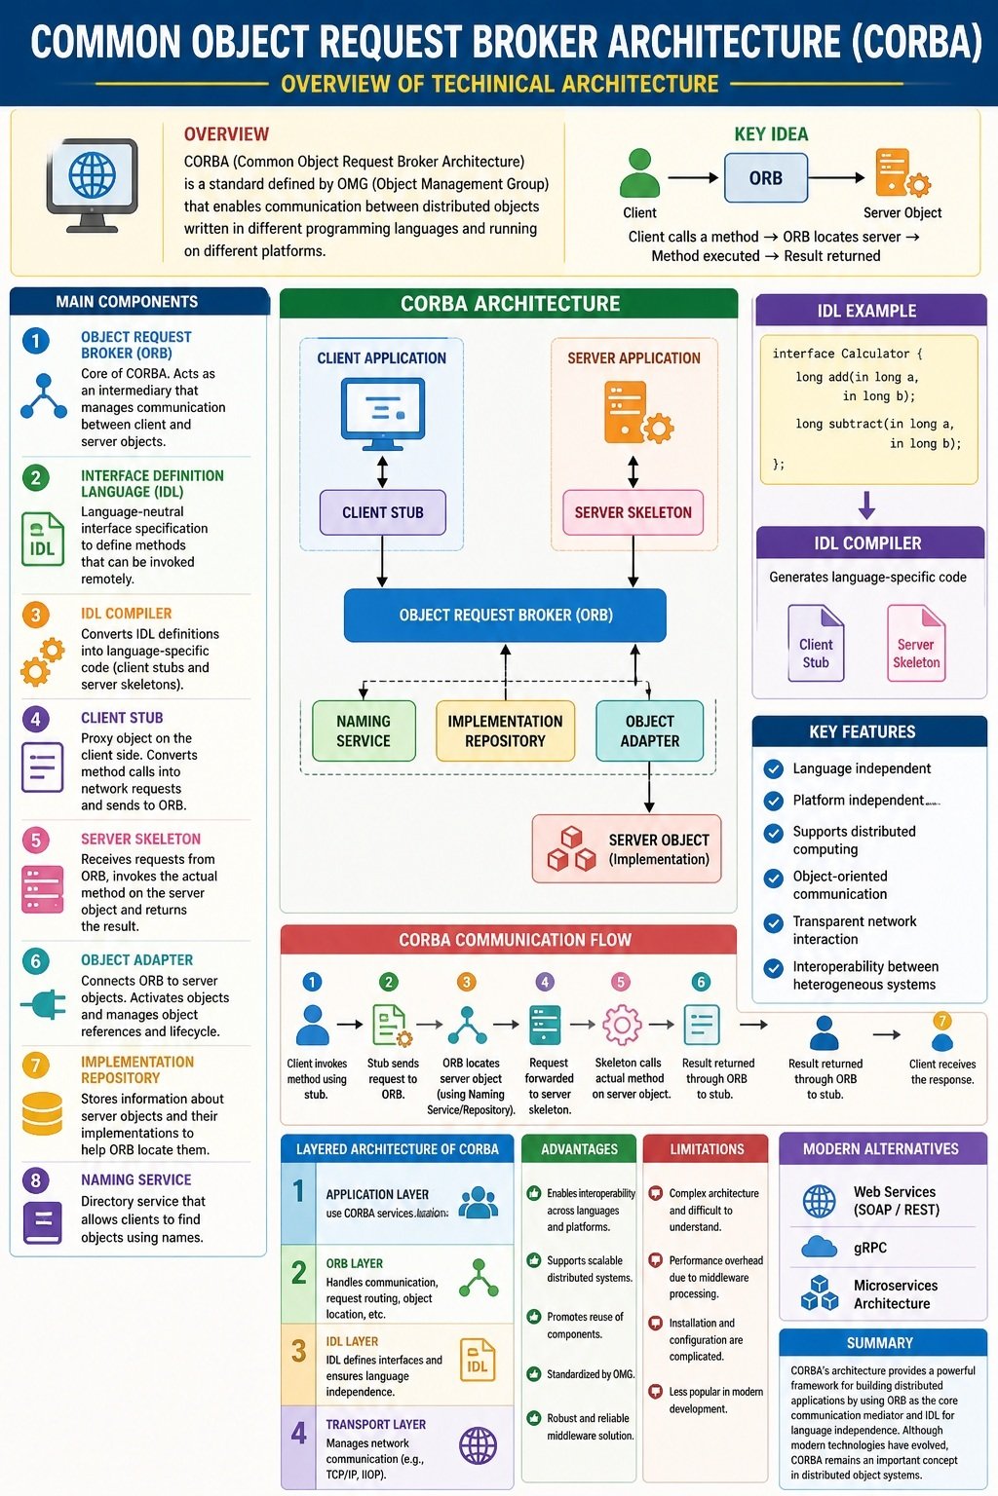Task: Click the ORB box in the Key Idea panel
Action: click(x=765, y=177)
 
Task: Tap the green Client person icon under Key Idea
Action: click(x=639, y=173)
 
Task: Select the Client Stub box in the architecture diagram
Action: click(x=382, y=512)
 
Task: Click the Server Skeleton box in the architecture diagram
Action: click(x=633, y=512)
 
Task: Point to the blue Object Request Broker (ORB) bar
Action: click(x=506, y=616)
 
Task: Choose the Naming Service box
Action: click(x=364, y=730)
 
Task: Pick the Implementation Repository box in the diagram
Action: click(x=506, y=730)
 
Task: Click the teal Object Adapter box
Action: click(x=650, y=730)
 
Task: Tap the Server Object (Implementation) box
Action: click(x=627, y=849)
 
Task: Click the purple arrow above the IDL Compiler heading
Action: click(x=867, y=505)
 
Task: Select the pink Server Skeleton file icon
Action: click(x=916, y=643)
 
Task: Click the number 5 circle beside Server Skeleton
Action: click(x=36, y=840)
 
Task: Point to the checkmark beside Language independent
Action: click(x=774, y=768)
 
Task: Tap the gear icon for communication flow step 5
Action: click(x=622, y=1025)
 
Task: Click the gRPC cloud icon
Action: click(x=819, y=1247)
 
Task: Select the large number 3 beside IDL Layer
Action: click(x=299, y=1351)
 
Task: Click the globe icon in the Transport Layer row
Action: click(x=479, y=1445)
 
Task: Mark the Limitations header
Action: click(x=707, y=1148)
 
